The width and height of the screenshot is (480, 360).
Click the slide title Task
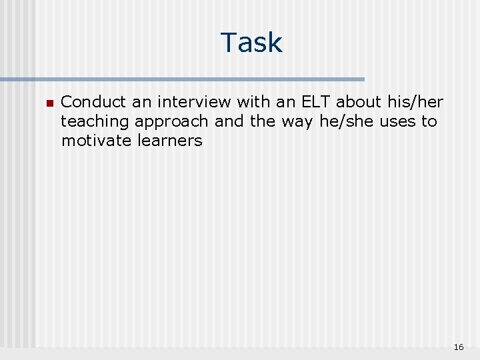251,43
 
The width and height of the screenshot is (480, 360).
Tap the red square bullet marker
49,103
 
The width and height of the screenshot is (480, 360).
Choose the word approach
171,122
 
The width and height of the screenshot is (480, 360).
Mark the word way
299,122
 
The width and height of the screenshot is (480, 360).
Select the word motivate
97,141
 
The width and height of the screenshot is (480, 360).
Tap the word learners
170,141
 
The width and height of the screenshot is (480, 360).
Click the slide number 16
458,347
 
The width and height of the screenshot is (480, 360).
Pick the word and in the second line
229,122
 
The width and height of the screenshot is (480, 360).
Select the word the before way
263,122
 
